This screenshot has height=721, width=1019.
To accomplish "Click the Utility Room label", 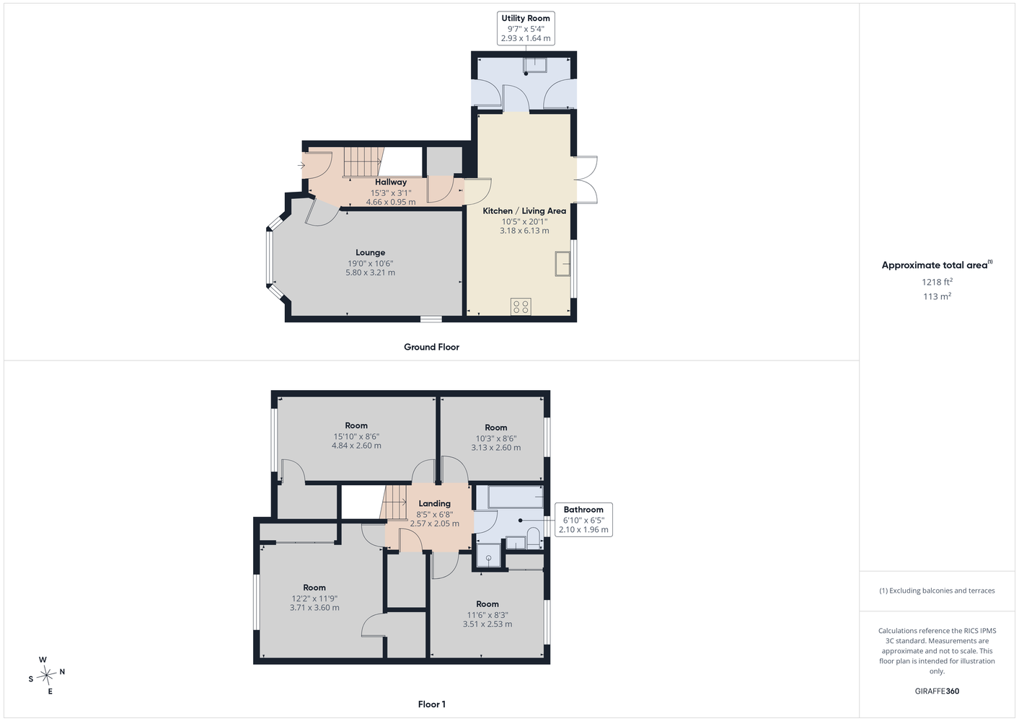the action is click(526, 18).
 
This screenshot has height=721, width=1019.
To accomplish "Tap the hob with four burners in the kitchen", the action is click(521, 306).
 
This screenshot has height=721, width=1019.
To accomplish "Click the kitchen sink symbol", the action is click(563, 263).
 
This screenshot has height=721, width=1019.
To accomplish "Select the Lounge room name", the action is click(370, 252).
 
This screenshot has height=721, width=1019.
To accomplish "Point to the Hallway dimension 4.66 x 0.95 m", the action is click(391, 202).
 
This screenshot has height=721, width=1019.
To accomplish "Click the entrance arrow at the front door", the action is click(301, 166).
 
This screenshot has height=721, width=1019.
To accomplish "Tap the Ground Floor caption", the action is click(431, 347).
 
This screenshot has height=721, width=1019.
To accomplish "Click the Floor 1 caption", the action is click(432, 704).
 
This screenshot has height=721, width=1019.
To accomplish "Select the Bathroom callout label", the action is click(583, 510).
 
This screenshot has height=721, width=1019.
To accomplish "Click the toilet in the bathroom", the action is click(533, 538).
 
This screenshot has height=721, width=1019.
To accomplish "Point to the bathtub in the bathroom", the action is click(516, 497).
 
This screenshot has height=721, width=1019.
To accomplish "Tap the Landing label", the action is click(434, 503).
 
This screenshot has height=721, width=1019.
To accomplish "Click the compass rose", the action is click(46, 675).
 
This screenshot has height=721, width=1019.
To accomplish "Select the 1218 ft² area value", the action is click(937, 282).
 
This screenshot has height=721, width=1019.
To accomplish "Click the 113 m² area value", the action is click(937, 296).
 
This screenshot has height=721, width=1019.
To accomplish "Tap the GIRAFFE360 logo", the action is click(937, 691).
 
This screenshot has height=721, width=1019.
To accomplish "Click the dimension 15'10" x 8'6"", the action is click(356, 436).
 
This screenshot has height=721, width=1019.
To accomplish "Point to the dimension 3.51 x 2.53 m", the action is click(488, 624).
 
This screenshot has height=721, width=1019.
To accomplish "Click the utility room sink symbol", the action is click(534, 65).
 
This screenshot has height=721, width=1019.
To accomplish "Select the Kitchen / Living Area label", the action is click(524, 211).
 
